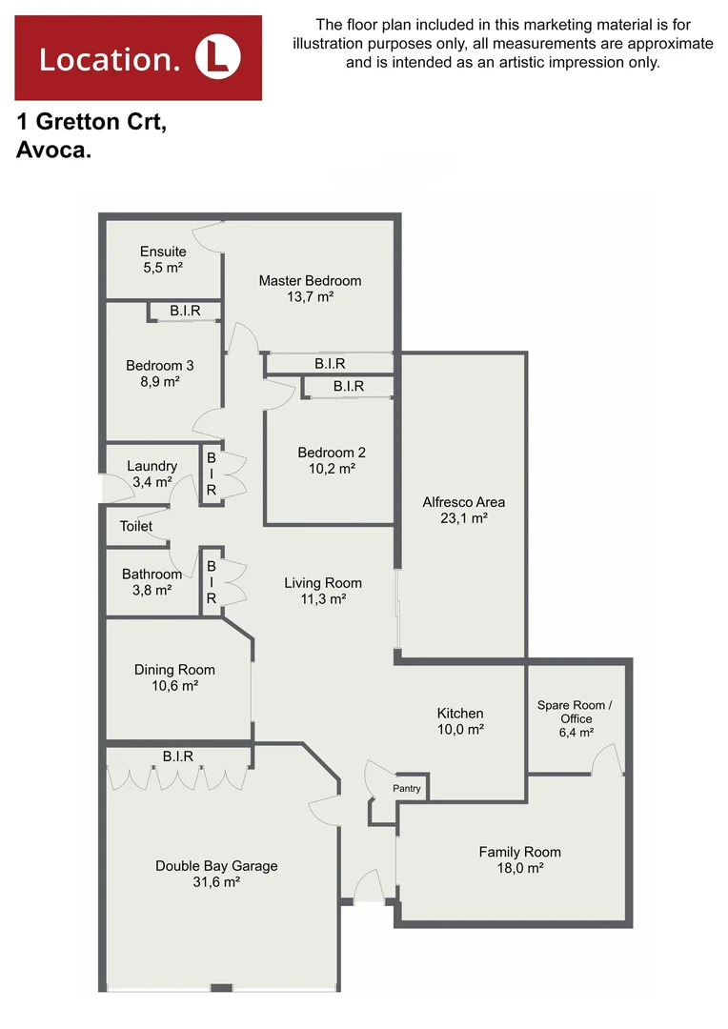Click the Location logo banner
138,58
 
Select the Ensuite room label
162,252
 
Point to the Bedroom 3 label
159,366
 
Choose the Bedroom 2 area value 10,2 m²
331,469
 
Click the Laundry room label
152,466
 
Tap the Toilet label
135,526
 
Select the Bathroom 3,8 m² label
152,582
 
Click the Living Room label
322,583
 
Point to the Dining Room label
174,670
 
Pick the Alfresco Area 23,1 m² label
463,502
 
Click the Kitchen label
460,713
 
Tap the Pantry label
407,789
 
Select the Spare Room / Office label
576,712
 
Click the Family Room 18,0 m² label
519,860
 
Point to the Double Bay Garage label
216,866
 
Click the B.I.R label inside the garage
178,757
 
